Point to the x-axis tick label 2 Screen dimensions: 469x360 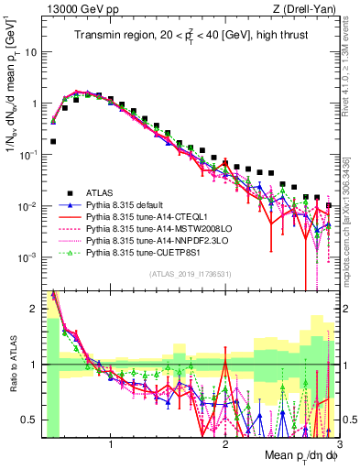(225, 444)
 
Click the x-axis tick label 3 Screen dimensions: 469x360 (338, 444)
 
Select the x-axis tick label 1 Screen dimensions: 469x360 (111, 444)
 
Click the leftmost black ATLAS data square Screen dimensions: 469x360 (54, 142)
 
